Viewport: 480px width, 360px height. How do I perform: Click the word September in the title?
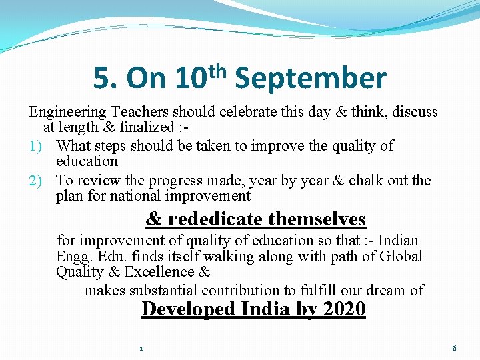pos(311,79)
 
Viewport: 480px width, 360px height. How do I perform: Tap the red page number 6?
pos(454,348)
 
